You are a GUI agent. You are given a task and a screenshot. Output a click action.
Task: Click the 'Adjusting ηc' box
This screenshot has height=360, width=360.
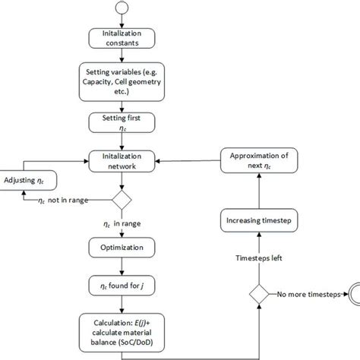(27, 180)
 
